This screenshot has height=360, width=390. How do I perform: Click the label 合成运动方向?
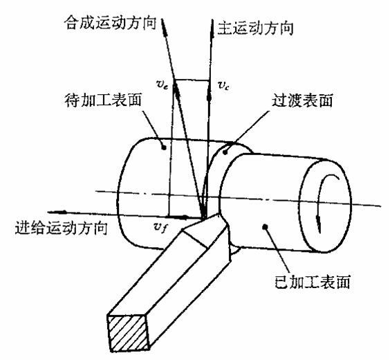click(110, 23)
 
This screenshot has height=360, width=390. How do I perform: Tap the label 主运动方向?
click(255, 28)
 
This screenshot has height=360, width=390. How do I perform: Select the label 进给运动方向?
click(61, 228)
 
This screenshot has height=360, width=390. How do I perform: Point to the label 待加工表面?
click(103, 100)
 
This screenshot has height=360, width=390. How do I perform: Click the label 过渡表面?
click(302, 100)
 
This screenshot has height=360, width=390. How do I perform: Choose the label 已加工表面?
click(313, 282)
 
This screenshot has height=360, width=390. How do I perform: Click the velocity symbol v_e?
click(162, 85)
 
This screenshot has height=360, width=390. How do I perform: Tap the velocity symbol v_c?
click(223, 86)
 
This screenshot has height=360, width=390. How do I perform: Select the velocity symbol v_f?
click(160, 227)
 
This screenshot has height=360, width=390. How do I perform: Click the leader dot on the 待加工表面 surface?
click(164, 147)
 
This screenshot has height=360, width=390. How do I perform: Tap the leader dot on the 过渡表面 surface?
click(225, 152)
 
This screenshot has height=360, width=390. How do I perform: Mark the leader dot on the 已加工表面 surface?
click(265, 226)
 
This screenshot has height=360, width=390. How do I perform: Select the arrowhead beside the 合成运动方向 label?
click(164, 28)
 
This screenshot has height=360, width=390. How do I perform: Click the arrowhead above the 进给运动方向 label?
click(59, 212)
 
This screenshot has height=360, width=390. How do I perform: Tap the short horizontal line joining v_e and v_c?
click(192, 80)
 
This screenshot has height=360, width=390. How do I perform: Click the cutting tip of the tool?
click(204, 219)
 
